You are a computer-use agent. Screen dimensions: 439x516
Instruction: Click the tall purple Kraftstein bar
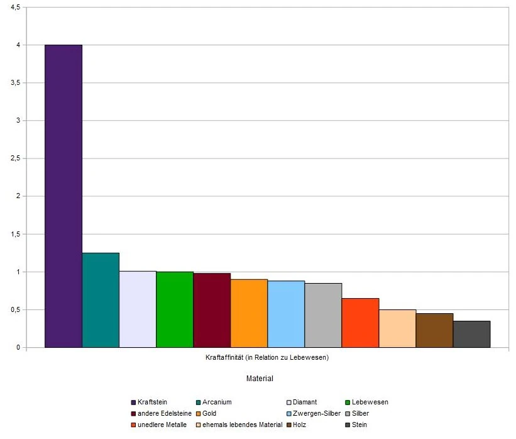[x=63, y=196]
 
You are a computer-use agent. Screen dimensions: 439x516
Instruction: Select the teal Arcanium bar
[x=101, y=300]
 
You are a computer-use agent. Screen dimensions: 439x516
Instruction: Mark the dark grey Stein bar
[x=471, y=334]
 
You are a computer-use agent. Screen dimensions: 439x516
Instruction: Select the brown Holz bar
[x=434, y=330]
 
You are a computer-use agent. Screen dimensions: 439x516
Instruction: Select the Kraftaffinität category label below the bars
[x=267, y=358]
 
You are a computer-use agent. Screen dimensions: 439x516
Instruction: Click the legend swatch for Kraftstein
[x=133, y=403]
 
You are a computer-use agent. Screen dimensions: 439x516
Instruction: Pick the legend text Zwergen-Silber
[x=317, y=414]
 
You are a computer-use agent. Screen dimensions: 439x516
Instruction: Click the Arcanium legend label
[x=217, y=403]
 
